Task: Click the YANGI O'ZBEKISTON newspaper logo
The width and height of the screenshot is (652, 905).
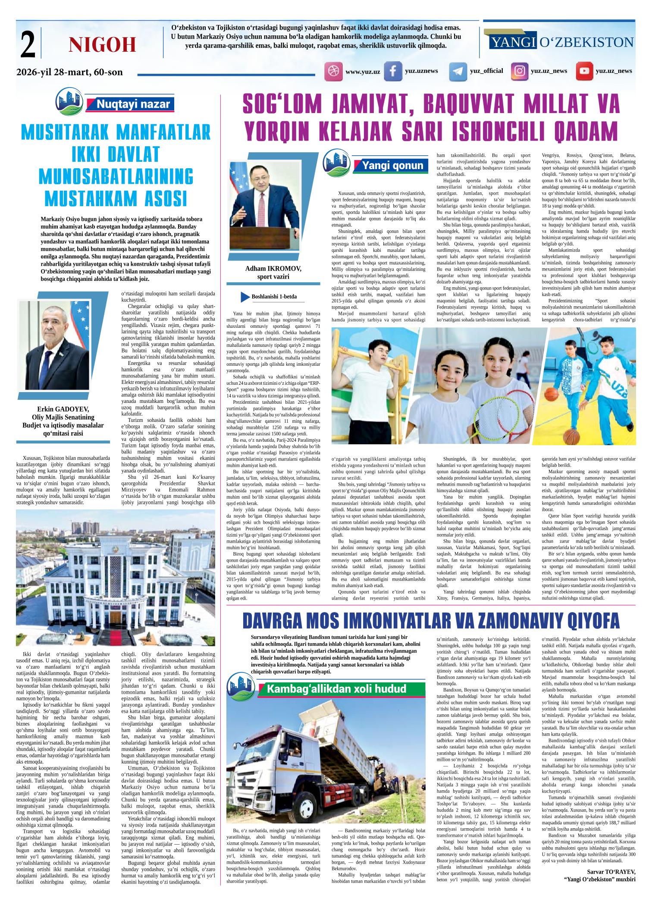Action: click(561, 42)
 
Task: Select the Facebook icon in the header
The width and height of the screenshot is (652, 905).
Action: click(393, 71)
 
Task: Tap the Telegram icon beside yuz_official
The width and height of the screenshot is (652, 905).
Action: click(458, 71)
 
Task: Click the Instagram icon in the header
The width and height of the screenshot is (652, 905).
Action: click(520, 71)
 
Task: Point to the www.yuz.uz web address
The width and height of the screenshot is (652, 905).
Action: click(363, 72)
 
